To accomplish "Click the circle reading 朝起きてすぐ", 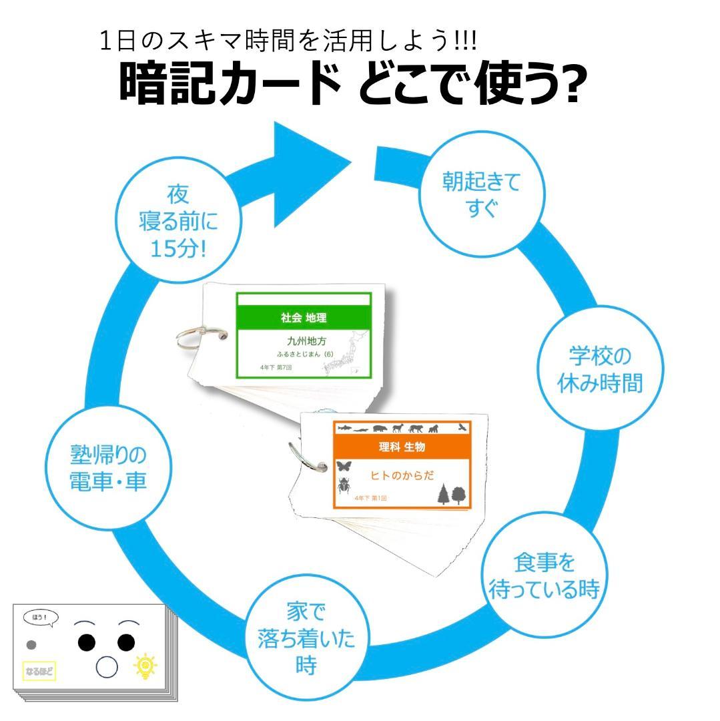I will click(481, 194).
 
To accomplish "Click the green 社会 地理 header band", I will click(304, 318).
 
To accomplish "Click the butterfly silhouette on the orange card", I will click(345, 466).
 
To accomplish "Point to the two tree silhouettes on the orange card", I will click(451, 495).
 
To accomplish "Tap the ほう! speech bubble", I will click(40, 618).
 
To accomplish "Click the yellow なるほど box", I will click(39, 670).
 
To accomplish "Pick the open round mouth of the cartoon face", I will click(107, 667).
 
